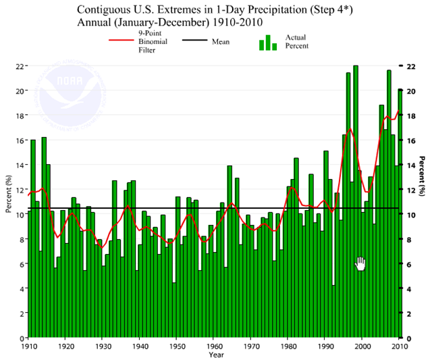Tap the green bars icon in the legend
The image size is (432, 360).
(269, 43)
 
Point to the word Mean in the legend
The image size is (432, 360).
(220, 42)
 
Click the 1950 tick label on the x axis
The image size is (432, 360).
(175, 346)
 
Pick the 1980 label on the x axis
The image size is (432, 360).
(288, 346)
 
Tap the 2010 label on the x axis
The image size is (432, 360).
(400, 346)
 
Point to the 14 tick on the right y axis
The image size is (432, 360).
(412, 165)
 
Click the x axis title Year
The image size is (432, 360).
(216, 355)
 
